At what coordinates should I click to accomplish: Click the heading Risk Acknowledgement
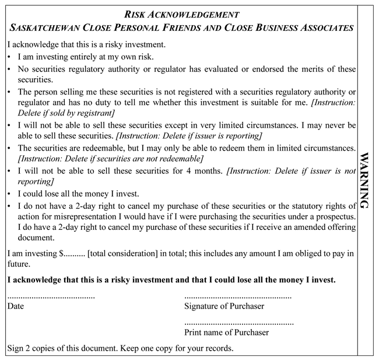coord(182,13)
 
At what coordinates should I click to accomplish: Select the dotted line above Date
coord(51,297)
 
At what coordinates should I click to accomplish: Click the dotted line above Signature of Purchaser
coord(237,297)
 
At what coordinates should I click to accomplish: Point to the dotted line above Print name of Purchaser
coord(238,323)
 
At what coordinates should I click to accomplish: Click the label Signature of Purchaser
coord(224,306)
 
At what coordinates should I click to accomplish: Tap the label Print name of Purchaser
coord(226,333)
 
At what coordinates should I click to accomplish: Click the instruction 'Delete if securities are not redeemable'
coord(111,159)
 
